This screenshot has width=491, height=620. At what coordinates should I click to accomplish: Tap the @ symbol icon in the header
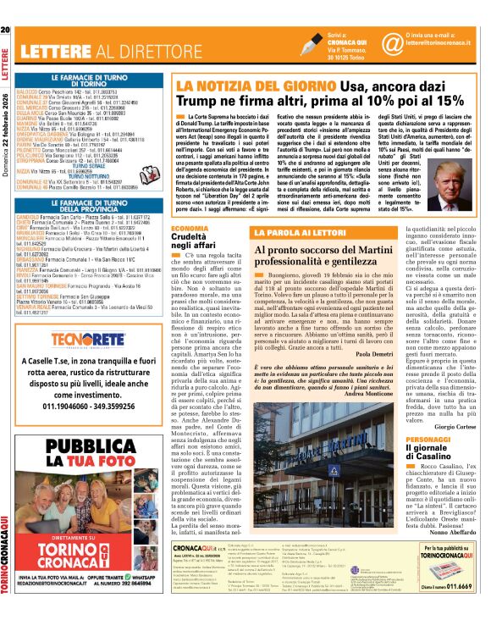coord(392,43)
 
